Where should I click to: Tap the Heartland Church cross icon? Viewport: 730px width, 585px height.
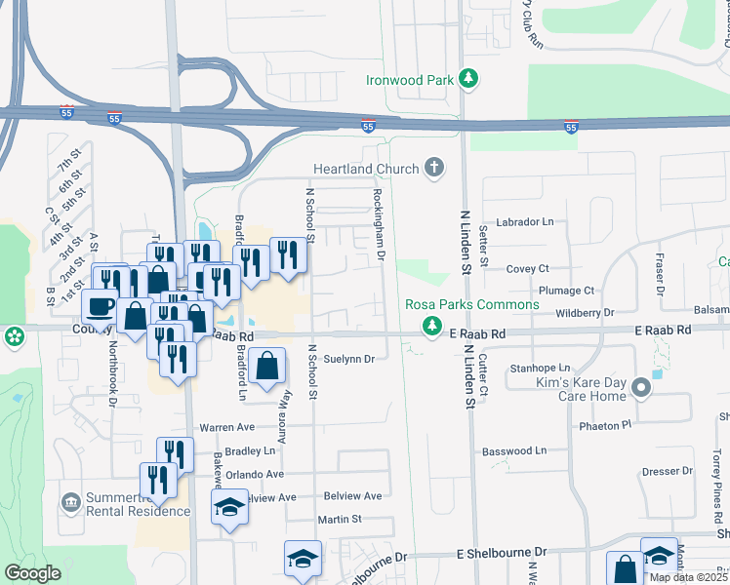[435, 169]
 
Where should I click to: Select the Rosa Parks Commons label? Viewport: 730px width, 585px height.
[472, 304]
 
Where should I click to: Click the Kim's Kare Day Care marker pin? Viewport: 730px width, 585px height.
[641, 388]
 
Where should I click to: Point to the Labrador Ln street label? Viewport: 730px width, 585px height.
[525, 222]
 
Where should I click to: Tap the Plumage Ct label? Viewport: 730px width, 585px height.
[566, 291]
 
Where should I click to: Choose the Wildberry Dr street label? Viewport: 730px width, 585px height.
[582, 313]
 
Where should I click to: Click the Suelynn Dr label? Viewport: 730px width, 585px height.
[349, 359]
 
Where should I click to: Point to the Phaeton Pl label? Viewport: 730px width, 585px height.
[605, 425]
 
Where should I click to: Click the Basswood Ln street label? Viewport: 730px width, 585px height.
[514, 450]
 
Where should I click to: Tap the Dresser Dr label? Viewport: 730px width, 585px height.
[668, 471]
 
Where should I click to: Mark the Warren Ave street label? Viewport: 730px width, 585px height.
[226, 427]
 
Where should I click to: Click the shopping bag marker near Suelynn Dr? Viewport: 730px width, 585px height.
[267, 368]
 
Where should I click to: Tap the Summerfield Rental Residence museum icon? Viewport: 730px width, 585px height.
[70, 503]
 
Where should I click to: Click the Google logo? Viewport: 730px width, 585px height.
[32, 573]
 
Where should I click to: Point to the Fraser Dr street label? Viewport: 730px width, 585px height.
[661, 276]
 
